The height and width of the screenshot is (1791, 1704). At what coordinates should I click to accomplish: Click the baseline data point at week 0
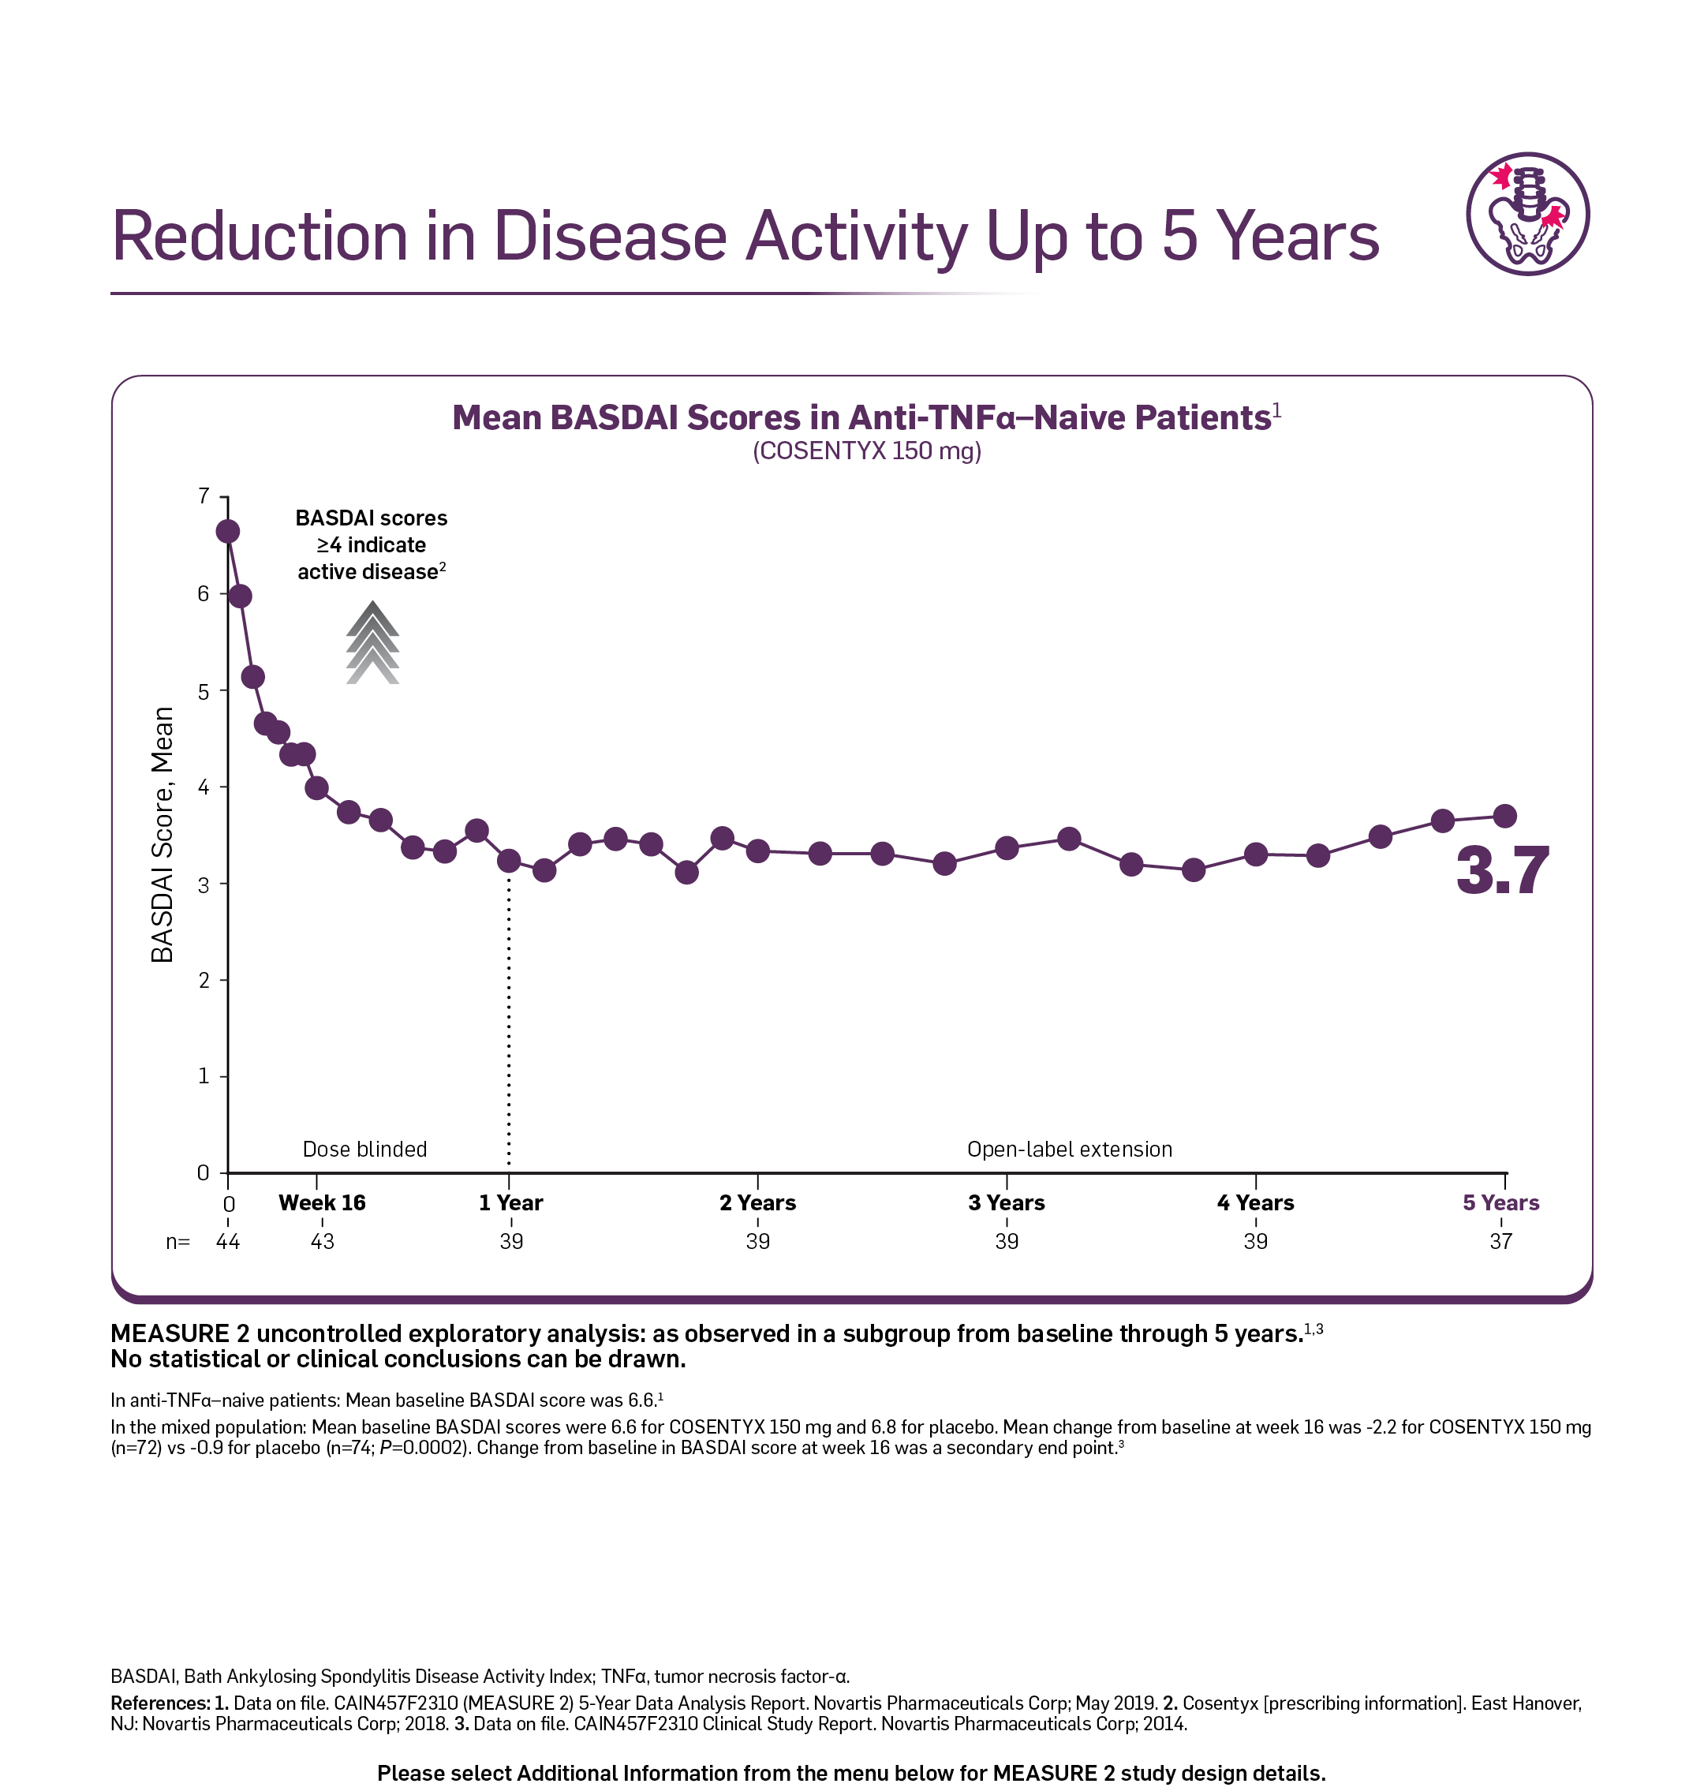pos(228,531)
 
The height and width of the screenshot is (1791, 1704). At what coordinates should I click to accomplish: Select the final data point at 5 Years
pos(1505,816)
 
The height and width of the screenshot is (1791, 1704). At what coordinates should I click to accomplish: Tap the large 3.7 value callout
pos(1502,870)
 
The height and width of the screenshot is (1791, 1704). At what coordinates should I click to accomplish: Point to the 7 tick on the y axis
pos(204,496)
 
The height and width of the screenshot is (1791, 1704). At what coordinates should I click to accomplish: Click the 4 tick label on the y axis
pos(204,787)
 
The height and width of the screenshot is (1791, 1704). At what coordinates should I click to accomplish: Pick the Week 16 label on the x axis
pos(323,1202)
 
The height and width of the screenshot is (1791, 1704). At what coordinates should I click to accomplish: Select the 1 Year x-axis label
pos(510,1202)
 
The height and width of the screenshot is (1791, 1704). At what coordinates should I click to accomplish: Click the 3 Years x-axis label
pos(1007,1202)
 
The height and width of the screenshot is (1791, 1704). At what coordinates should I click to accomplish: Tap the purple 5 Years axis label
pos(1500,1202)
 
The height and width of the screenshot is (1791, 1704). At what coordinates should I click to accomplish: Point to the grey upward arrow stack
pos(372,642)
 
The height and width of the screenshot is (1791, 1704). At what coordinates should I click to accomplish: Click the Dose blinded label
pos(364,1149)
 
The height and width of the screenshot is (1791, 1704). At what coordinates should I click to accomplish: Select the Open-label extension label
pos(1069,1149)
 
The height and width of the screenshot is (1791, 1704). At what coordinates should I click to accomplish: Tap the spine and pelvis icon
pos(1528,215)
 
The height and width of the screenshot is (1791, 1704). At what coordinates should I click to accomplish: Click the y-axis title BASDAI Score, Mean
pos(163,834)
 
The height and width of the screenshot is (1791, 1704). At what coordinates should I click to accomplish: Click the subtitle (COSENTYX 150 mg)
pos(866,451)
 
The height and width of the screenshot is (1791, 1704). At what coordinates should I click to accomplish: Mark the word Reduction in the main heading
pos(260,236)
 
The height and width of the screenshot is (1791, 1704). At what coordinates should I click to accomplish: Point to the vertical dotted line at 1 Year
pos(509,1022)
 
